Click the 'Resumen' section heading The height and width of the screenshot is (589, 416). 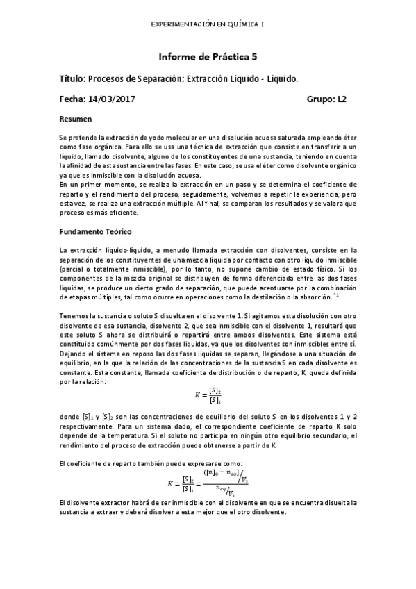pyautogui.click(x=76, y=119)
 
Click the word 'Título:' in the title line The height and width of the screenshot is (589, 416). pyautogui.click(x=72, y=79)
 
